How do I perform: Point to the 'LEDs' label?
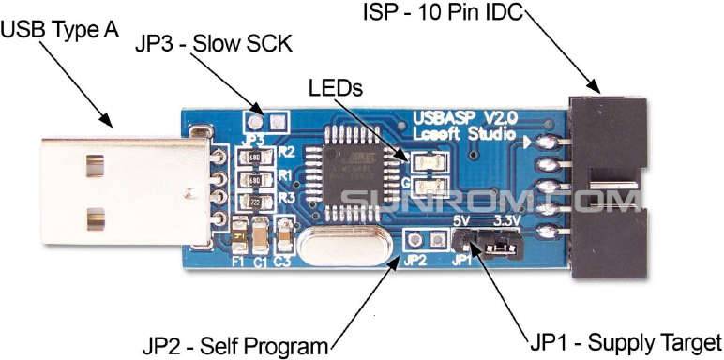coord(335,88)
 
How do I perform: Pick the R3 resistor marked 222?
coord(255,200)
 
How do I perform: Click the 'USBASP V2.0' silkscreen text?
coord(465,118)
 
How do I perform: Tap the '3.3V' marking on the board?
coord(507,220)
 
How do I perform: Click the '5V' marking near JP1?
coord(461,220)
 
